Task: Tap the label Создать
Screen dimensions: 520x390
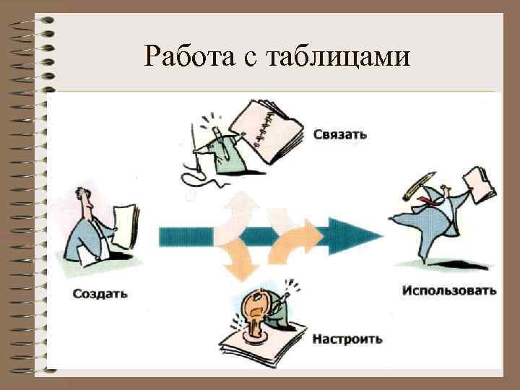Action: click(x=100, y=293)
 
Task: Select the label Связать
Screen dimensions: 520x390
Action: click(x=340, y=134)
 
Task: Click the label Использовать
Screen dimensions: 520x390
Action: click(x=449, y=291)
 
